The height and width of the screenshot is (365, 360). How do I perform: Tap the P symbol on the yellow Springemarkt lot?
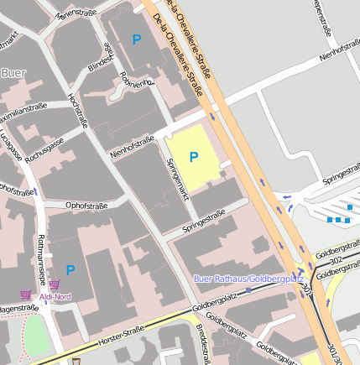coord(194,157)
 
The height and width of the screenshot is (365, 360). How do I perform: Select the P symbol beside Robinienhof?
coord(137,39)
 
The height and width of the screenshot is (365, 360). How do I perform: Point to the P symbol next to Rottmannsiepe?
coord(70,269)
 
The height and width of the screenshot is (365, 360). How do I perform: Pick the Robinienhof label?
coord(138,78)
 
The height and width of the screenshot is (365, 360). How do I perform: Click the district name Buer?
coord(13,73)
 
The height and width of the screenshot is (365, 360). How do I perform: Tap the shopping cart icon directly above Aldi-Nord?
coord(55,285)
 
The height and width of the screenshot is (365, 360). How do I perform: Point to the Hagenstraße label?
coord(18,309)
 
